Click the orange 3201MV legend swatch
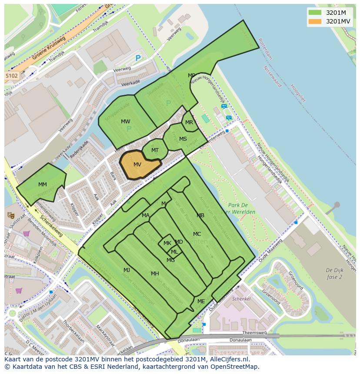315,21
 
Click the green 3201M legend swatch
315,13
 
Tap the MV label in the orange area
137,165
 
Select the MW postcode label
126,122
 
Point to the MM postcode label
42,185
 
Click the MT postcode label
155,150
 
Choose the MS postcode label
183,139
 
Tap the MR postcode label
189,122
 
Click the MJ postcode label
127,270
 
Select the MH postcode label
155,273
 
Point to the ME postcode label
201,301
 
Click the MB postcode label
200,215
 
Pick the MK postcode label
167,243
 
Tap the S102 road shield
12,76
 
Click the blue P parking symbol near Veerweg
138,58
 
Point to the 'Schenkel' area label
241,299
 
